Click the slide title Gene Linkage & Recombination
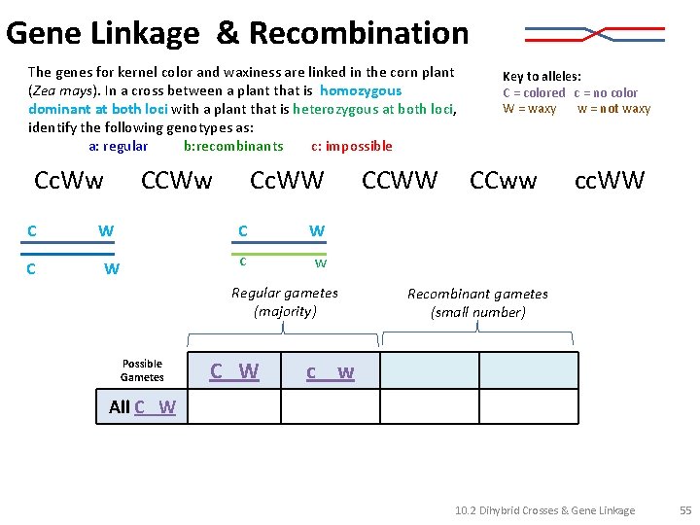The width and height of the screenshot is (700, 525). tap(237, 33)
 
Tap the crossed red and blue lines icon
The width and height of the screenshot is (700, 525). tap(594, 35)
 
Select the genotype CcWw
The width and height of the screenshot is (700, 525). tap(68, 181)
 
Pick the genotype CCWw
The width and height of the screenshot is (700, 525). tap(176, 181)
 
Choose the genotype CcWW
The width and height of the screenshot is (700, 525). tap(287, 181)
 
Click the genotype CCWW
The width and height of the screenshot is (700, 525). tap(400, 181)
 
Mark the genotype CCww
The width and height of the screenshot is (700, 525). tap(503, 181)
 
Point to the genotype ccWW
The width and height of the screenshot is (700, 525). tap(610, 181)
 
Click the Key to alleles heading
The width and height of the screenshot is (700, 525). tap(542, 76)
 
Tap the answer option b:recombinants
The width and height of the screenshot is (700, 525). tap(233, 147)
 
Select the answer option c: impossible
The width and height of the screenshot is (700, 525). tap(352, 147)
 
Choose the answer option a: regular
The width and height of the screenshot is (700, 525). tap(119, 147)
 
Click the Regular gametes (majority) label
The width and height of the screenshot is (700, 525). tap(285, 302)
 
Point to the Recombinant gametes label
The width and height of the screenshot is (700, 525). tap(477, 302)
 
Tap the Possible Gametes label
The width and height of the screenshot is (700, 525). tap(142, 370)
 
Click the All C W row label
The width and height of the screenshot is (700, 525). tap(142, 407)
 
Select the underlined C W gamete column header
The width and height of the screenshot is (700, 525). tap(235, 370)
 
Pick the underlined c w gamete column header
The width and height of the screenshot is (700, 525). tap(330, 371)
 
